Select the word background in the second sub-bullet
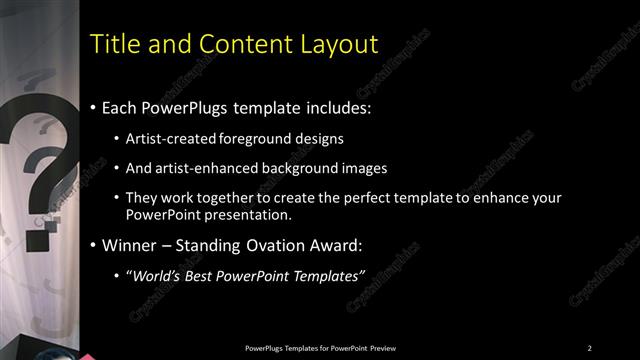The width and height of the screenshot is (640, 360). tap(299, 169)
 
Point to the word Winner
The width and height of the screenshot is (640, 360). tap(131, 245)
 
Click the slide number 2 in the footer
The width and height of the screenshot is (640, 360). tap(590, 347)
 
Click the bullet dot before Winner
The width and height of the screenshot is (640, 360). tap(94, 246)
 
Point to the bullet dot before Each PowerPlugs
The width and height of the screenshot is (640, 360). tap(94, 107)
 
